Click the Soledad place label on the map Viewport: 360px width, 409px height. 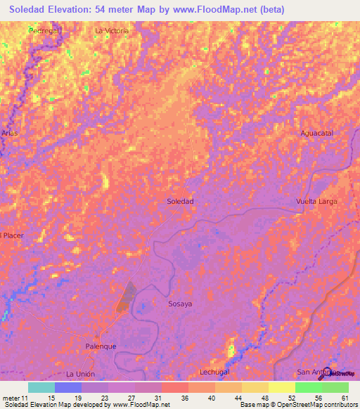180,201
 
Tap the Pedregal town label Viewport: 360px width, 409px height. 44,31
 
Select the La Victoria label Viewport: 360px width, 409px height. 112,31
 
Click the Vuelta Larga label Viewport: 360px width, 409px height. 316,202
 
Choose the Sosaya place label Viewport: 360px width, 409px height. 180,304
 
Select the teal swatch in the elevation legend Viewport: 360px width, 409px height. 41,387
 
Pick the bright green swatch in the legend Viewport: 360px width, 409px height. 309,387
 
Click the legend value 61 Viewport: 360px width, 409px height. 344,398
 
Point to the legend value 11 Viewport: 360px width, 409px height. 25,398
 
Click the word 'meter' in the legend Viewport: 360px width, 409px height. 11,398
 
